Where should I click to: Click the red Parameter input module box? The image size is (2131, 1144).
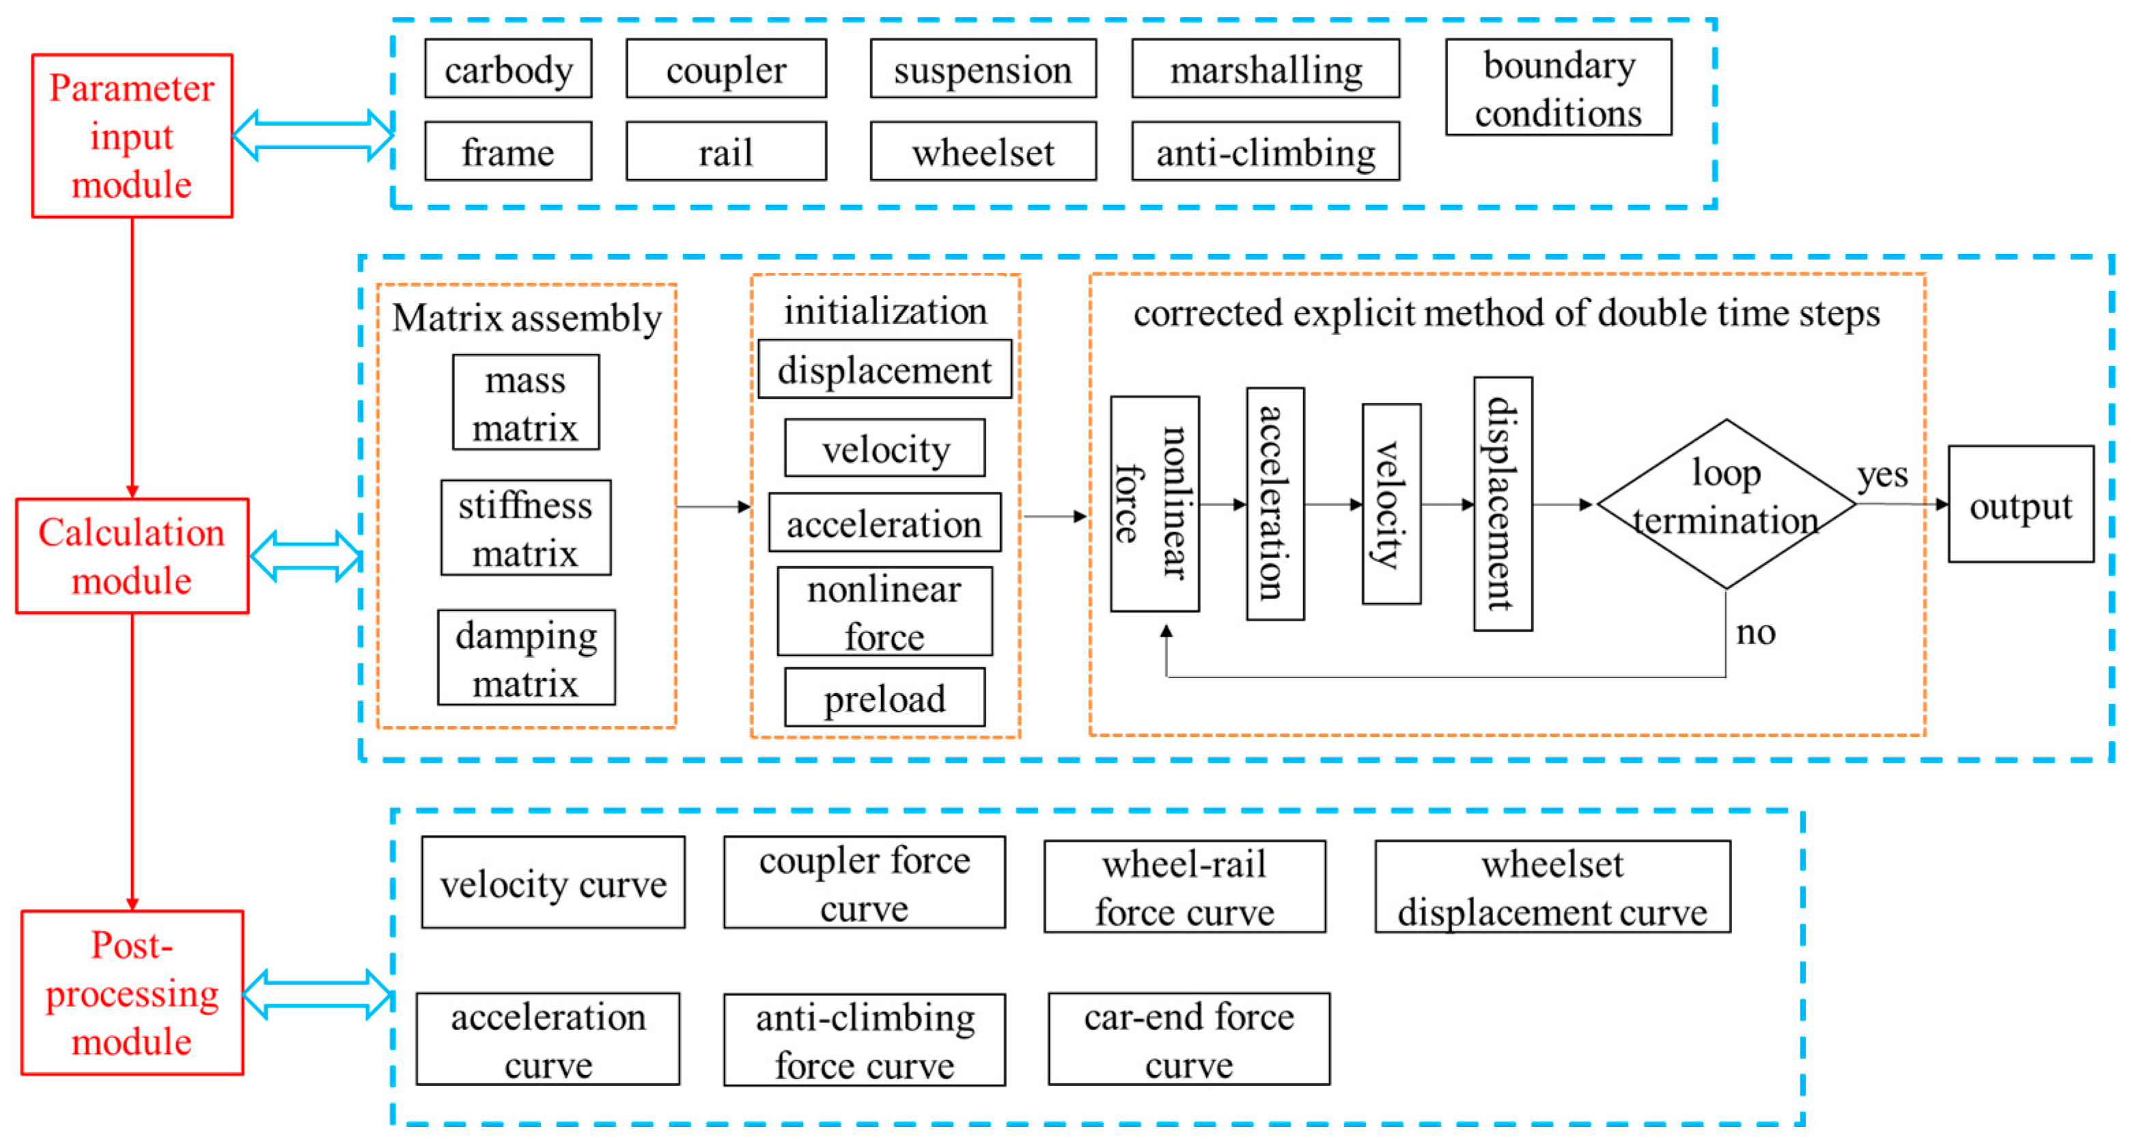[x=132, y=136]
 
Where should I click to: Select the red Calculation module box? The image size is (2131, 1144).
[x=132, y=556]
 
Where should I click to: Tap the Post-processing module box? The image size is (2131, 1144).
[x=132, y=992]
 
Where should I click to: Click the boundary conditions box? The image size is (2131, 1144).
[x=1559, y=87]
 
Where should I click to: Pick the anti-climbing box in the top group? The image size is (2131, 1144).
[x=1265, y=152]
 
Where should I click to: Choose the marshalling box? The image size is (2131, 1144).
[x=1265, y=70]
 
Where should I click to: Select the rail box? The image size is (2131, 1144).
[x=725, y=152]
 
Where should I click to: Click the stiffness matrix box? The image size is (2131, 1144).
[x=525, y=528]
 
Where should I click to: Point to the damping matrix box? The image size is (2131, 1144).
[x=526, y=658]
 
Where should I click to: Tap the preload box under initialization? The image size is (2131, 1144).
[x=885, y=698]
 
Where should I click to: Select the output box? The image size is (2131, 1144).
[x=2020, y=505]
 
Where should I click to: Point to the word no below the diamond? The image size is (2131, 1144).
[x=1755, y=633]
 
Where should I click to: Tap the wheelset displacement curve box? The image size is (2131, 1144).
[x=1552, y=887]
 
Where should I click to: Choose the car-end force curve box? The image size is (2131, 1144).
[x=1188, y=1039]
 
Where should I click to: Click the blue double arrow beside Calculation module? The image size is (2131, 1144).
[x=306, y=556]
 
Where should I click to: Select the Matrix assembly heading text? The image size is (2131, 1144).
[x=527, y=318]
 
